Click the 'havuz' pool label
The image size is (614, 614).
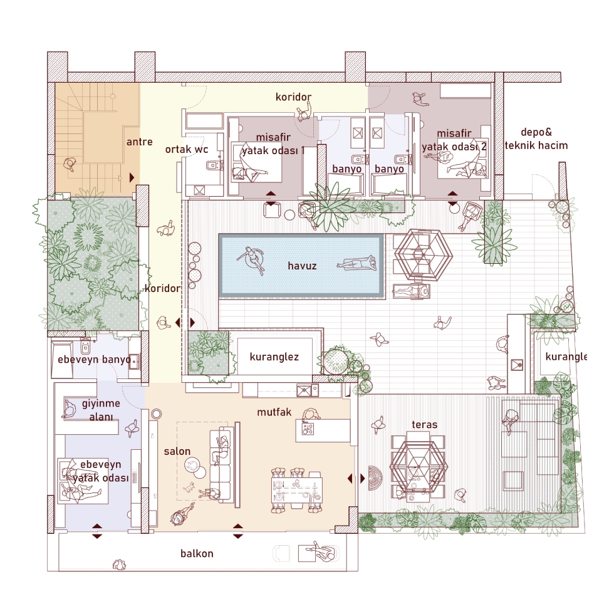point(302,266)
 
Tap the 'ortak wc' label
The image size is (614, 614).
point(187,149)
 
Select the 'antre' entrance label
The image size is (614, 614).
point(139,142)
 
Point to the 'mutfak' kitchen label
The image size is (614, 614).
point(274,412)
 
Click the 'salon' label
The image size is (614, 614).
point(177,451)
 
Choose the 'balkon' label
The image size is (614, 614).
point(197,553)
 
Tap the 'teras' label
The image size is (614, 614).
point(425,425)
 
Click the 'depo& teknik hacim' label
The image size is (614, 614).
point(536,138)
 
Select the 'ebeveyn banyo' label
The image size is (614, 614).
point(94,360)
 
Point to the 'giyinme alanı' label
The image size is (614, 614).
point(101,410)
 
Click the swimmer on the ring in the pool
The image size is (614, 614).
point(251,258)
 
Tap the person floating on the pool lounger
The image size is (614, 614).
point(357,264)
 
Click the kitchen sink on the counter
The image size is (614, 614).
point(304,390)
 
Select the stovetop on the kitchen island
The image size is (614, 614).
point(308,429)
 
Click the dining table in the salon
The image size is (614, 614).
point(297,490)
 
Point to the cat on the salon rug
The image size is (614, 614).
point(190,487)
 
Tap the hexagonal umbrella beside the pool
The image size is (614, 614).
point(424,255)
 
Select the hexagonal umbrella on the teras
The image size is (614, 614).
point(419,467)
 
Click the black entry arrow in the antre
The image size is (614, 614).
point(132,177)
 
